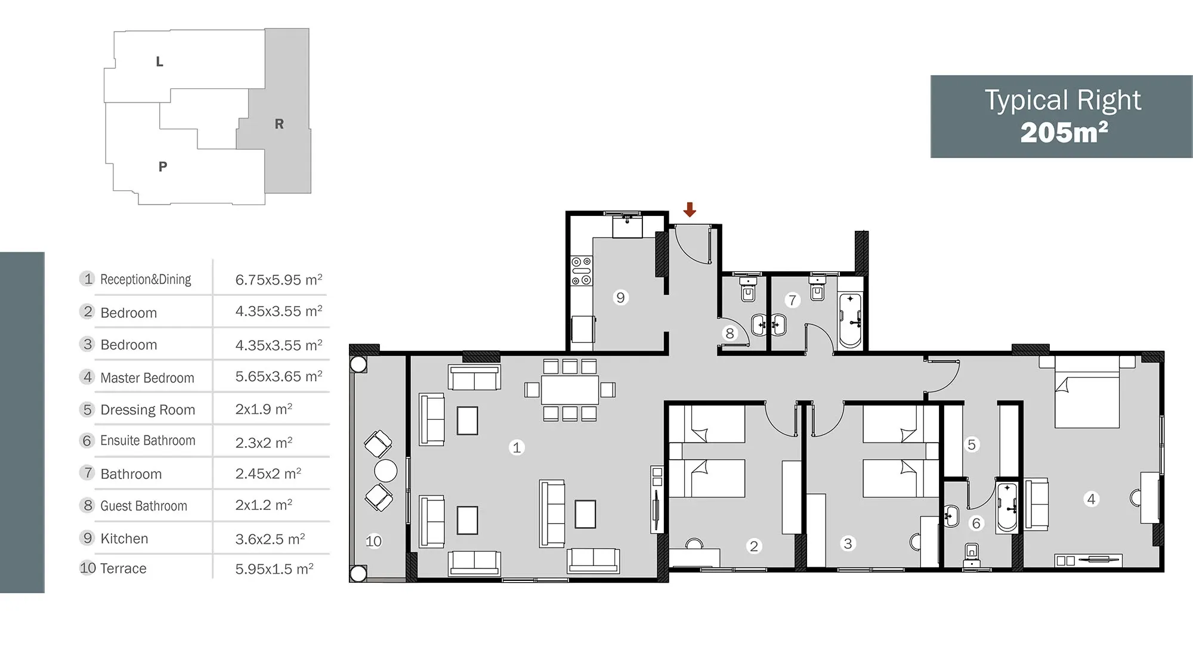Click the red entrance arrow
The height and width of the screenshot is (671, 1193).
click(x=690, y=209)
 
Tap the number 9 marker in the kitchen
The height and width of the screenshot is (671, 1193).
click(x=620, y=297)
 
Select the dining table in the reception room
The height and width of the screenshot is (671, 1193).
click(x=570, y=389)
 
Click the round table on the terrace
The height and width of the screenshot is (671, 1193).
click(x=385, y=471)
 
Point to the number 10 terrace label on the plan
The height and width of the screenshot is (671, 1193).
click(x=373, y=541)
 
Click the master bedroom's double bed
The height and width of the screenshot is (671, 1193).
click(x=1087, y=392)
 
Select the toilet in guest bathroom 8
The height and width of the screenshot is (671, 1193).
click(x=748, y=289)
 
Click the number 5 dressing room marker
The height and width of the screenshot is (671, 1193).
click(x=972, y=444)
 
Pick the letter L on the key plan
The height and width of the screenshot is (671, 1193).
click(x=159, y=61)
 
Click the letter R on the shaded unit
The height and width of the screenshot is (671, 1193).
click(x=279, y=124)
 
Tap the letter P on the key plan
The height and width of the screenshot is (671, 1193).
click(x=163, y=166)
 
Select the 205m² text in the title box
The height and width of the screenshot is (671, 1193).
click(x=1064, y=132)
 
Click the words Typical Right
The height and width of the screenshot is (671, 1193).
click(x=1062, y=101)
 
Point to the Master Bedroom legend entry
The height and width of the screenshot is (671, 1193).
click(x=147, y=378)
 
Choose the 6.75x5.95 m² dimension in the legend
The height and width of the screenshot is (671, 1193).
click(x=279, y=280)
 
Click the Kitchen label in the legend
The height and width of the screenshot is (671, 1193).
click(x=124, y=539)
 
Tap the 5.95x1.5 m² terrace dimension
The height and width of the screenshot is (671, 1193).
click(x=274, y=569)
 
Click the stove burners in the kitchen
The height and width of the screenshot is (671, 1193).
click(x=582, y=271)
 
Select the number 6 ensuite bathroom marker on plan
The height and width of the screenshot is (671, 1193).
click(x=976, y=523)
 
